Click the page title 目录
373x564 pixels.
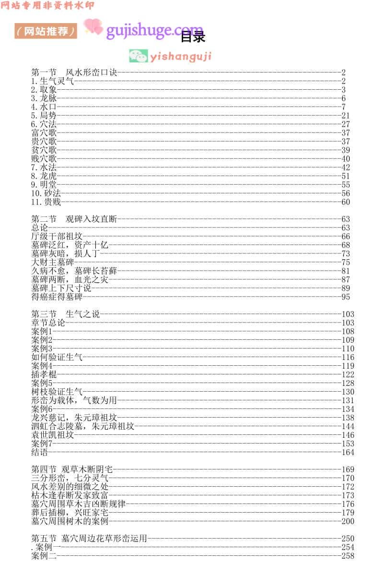point(193,37)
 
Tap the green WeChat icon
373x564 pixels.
point(138,56)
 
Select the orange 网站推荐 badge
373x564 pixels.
point(46,31)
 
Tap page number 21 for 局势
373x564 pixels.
point(346,116)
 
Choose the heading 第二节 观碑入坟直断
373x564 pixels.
point(74,219)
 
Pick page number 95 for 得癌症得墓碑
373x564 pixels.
point(346,297)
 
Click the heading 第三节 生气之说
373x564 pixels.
point(65,314)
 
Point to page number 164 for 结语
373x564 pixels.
point(348,452)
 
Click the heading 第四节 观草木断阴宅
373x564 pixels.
point(71,469)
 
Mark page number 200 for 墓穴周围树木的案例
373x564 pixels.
point(348,521)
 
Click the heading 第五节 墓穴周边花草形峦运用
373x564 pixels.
point(89,539)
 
